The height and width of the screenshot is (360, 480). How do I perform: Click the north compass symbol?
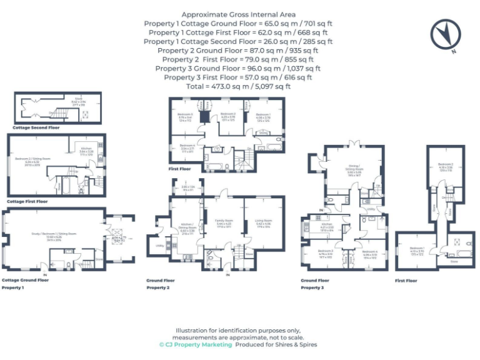443,35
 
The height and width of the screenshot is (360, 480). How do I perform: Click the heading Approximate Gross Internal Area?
238,14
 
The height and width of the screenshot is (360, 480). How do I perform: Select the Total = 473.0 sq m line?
238,86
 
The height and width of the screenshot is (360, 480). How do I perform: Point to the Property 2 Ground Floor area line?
238,51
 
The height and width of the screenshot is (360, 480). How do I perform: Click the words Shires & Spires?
297,344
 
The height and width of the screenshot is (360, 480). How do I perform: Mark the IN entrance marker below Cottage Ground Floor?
44,274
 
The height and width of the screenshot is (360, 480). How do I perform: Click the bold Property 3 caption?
312,288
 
